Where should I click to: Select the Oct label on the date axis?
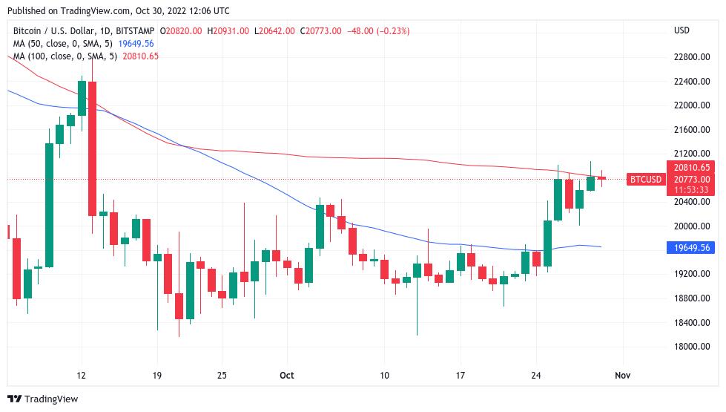point(287,376)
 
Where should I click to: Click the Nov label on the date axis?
point(622,376)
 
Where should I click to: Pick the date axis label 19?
point(156,376)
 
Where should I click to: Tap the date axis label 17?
point(461,376)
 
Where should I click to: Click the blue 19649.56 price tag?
point(690,247)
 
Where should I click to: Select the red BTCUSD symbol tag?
point(645,179)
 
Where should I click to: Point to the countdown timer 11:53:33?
point(690,189)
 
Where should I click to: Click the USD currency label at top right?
point(682,30)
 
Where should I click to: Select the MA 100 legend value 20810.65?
point(141,56)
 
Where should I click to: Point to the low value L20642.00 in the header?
point(274,30)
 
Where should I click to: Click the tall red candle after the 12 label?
point(93,148)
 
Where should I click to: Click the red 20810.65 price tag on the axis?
point(690,168)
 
